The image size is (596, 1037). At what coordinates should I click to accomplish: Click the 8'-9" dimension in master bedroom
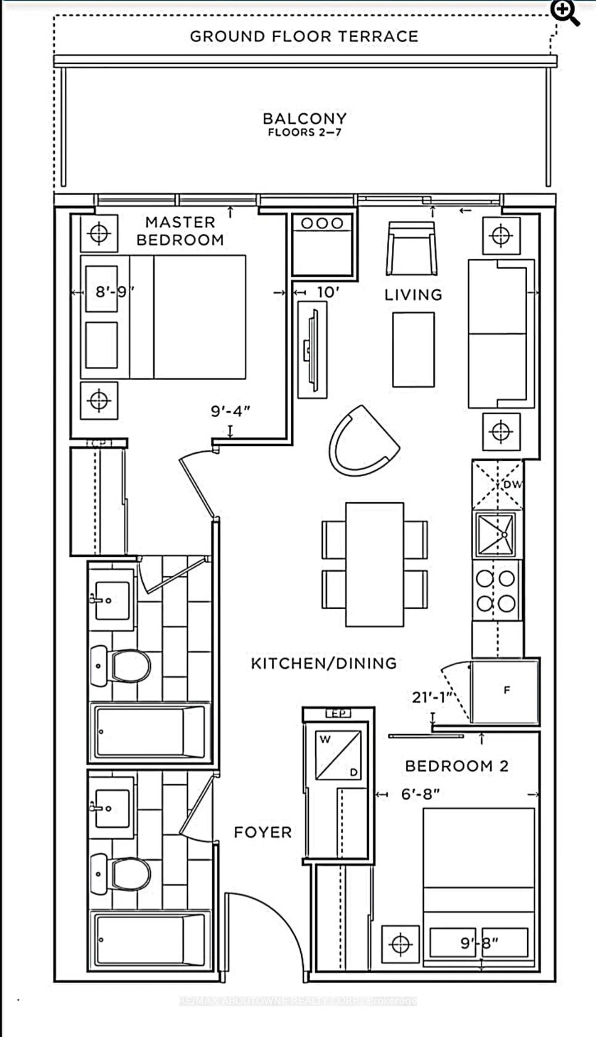115,292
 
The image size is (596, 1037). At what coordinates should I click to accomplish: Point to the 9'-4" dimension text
230,411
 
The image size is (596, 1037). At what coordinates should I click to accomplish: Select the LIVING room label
413,295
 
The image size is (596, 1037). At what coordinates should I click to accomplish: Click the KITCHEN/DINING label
323,663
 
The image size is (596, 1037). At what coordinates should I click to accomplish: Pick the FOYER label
262,832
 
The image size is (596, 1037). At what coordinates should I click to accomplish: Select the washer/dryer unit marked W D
338,755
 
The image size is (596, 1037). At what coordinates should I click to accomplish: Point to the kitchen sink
494,534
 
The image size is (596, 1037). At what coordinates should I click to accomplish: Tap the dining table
375,565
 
